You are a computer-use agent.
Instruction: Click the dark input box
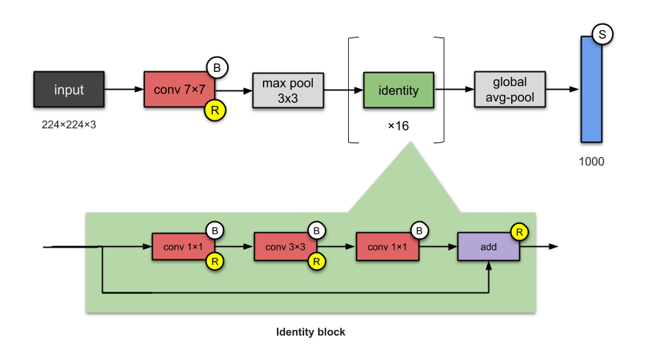69,90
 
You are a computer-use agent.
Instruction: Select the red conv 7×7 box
178,90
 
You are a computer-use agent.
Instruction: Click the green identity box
398,90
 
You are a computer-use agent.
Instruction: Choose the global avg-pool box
509,90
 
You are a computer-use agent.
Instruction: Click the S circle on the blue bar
603,34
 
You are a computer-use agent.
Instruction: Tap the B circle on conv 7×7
217,68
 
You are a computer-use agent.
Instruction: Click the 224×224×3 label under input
68,125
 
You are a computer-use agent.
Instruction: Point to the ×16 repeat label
398,126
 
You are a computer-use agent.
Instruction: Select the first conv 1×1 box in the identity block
183,247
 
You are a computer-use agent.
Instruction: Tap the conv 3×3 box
285,247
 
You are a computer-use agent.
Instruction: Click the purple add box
488,247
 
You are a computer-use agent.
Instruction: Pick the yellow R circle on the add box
520,232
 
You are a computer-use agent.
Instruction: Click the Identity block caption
310,332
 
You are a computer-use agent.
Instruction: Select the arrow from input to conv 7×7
123,90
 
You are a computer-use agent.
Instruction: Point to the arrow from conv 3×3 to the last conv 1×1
336,247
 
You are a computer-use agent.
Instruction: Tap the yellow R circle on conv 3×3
317,261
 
